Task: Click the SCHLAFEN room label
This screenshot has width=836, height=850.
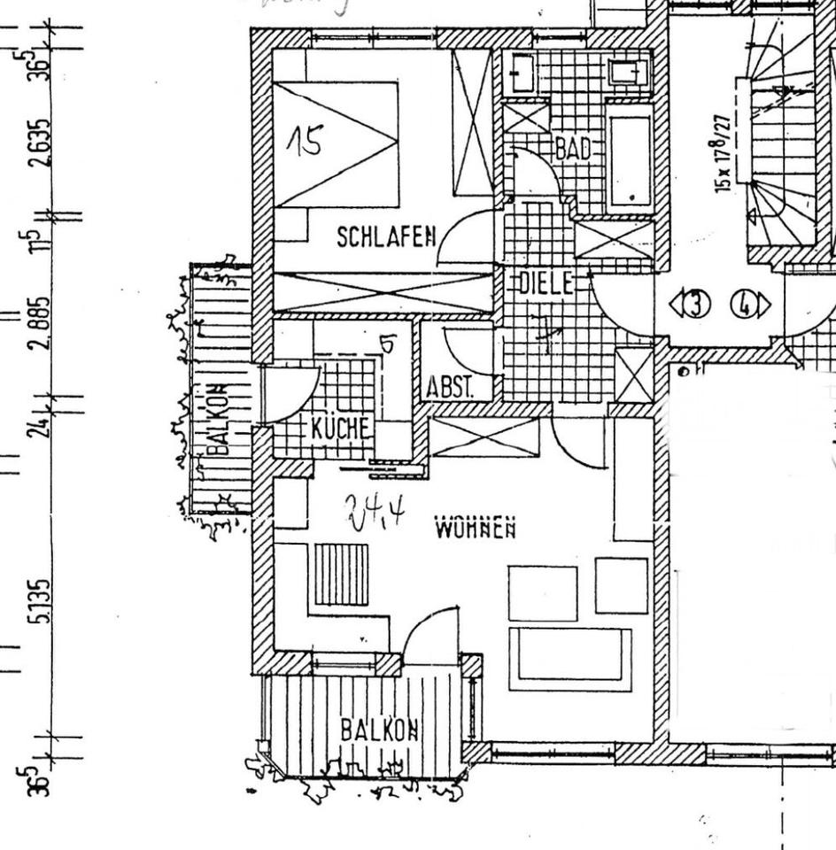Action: [386, 236]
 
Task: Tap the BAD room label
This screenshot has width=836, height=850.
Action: [573, 148]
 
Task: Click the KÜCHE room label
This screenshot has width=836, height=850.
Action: [339, 428]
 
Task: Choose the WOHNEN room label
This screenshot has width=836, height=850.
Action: [476, 529]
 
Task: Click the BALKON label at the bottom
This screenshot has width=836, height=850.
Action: [379, 730]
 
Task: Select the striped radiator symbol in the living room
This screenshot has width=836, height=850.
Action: [341, 575]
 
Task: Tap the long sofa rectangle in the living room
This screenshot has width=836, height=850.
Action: [570, 659]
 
